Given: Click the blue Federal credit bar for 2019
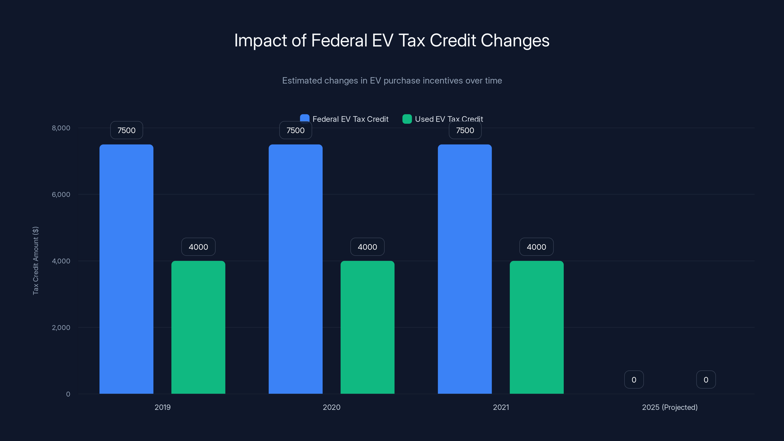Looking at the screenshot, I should (x=126, y=269).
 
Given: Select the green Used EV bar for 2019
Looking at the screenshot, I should (x=198, y=327).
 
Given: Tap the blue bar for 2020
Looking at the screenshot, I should (x=295, y=269).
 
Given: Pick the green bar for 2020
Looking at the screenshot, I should (x=367, y=327).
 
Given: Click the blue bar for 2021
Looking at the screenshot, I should (x=465, y=269).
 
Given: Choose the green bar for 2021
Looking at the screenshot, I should (x=537, y=327).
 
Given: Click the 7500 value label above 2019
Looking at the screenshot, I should (x=126, y=130).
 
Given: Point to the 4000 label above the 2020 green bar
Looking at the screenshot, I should (x=367, y=247).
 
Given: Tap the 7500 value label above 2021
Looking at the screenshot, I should (x=465, y=130).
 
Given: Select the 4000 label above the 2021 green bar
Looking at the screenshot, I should (x=536, y=247).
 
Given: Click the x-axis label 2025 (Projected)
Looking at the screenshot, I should (x=670, y=407).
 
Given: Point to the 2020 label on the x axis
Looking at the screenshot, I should (x=331, y=407).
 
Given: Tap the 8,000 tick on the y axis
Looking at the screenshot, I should (x=61, y=128).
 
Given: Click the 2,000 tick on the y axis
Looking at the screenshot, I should (x=61, y=328).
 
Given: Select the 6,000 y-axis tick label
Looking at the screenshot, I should (x=61, y=195).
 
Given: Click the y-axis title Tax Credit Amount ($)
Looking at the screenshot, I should (x=36, y=260).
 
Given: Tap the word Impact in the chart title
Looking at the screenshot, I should (x=260, y=40).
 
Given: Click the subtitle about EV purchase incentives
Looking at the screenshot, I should (x=392, y=81).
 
